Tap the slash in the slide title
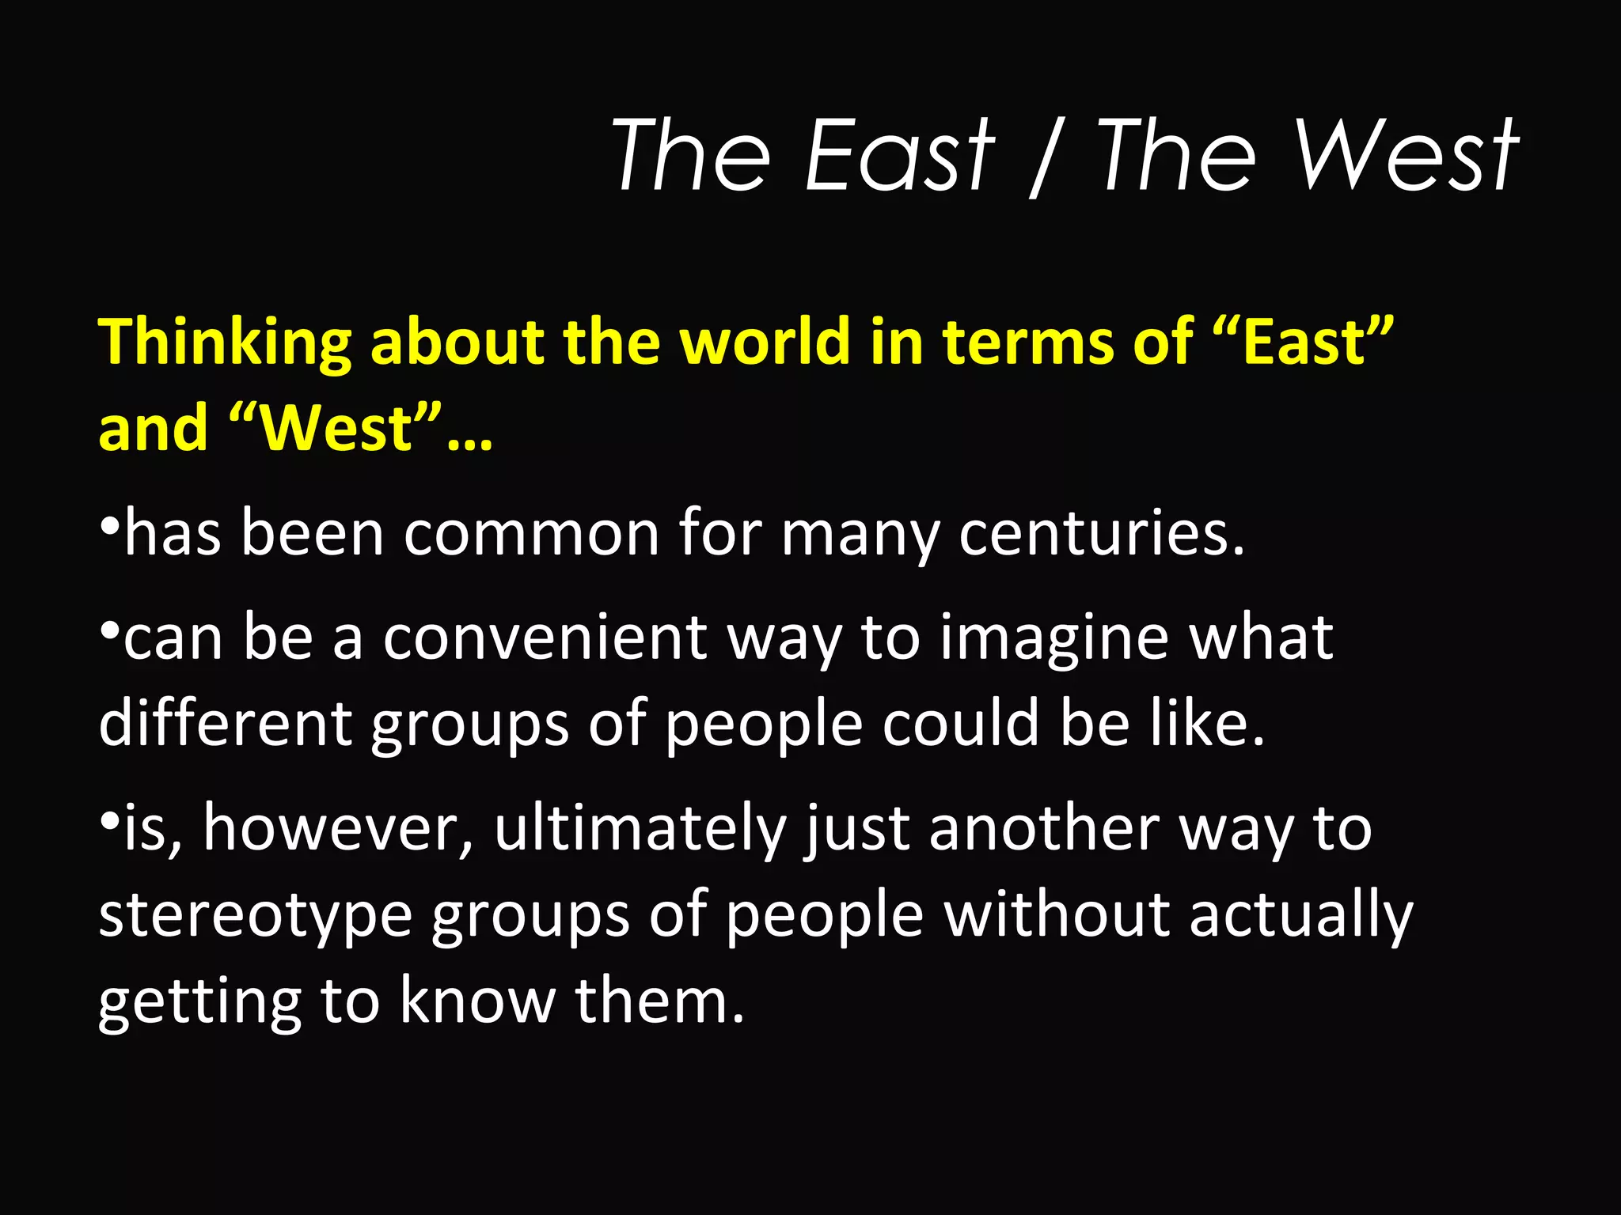(1043, 157)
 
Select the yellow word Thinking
(225, 343)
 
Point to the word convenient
(545, 638)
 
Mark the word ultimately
(640, 831)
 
